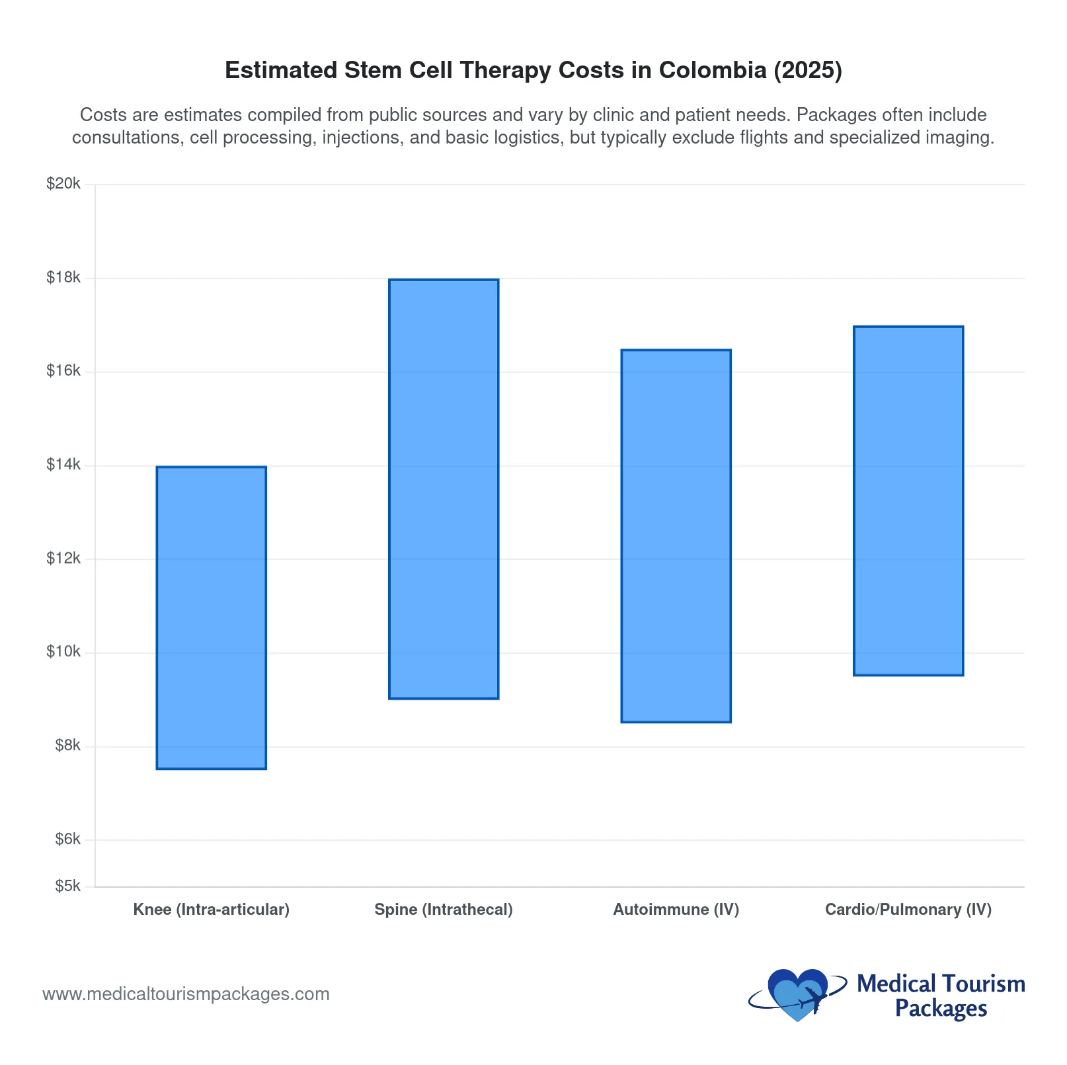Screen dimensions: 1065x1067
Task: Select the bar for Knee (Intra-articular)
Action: (211, 617)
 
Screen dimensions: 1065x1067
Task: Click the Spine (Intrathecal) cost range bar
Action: (444, 488)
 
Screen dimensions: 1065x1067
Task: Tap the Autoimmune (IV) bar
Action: (676, 535)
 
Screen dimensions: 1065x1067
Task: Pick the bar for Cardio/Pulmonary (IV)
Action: (908, 500)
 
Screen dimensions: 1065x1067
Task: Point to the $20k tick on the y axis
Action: (63, 184)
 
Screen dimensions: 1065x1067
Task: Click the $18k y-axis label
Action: (63, 278)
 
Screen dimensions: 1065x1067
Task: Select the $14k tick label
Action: (63, 465)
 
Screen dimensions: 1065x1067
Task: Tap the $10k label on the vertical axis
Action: (63, 652)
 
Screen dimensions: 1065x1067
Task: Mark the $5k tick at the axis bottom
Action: (67, 886)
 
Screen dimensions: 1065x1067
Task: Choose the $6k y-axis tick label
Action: (67, 839)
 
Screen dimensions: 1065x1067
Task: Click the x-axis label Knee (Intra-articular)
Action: (211, 910)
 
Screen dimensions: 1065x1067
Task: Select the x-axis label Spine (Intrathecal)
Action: (444, 910)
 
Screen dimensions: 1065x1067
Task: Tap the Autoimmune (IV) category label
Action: (676, 910)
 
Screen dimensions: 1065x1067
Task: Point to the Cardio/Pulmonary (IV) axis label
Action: (908, 910)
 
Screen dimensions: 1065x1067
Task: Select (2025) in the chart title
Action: (808, 70)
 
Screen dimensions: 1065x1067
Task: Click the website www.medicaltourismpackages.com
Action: (186, 994)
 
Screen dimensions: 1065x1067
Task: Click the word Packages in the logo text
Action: (941, 1009)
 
